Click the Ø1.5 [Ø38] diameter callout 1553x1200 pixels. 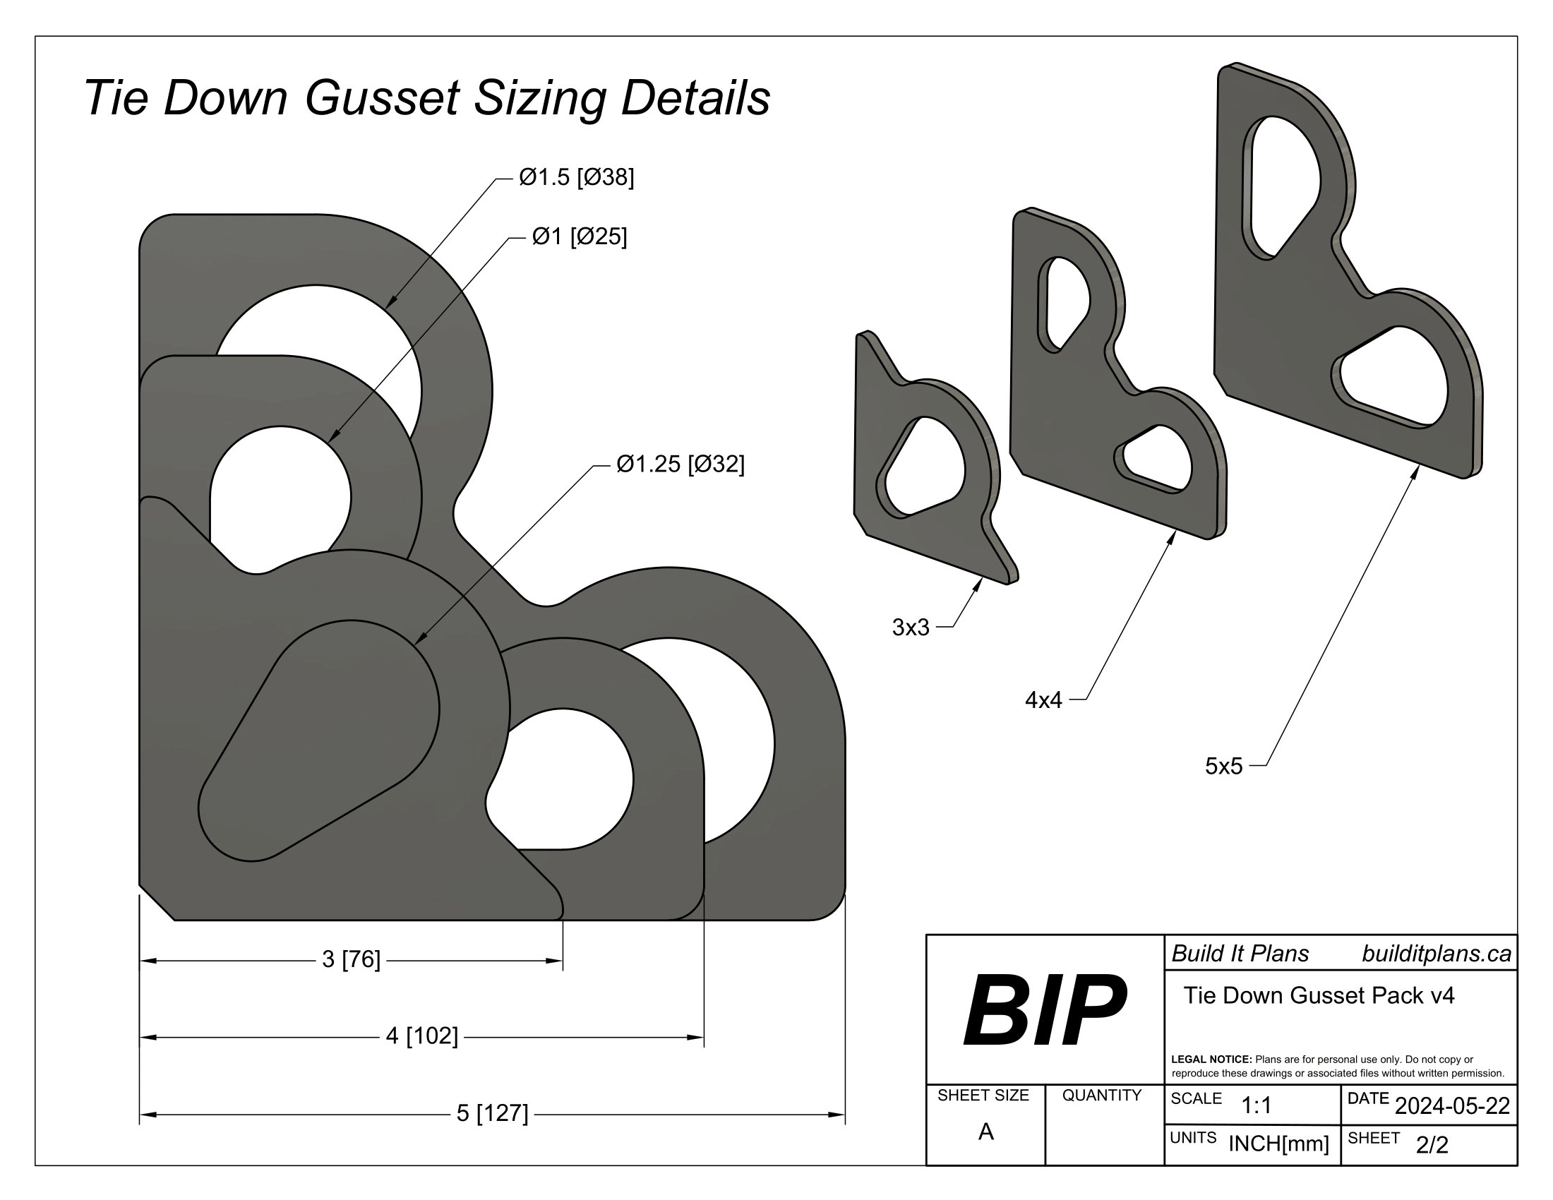576,177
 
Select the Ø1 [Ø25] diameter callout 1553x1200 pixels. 579,236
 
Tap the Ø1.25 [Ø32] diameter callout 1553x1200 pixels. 680,464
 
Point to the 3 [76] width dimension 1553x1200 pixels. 352,960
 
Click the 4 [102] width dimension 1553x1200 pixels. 421,1036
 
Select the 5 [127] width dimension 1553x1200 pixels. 492,1113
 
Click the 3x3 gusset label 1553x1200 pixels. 910,628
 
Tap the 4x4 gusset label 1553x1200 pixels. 1043,701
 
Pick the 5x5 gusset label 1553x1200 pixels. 1223,767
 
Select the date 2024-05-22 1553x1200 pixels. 1452,1106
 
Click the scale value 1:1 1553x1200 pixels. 1257,1106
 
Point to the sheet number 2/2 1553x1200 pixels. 1432,1144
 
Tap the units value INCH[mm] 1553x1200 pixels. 1278,1144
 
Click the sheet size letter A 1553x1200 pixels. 985,1132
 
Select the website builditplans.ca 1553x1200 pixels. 1437,954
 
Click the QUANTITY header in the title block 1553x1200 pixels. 1101,1096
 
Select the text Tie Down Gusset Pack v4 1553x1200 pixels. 1319,995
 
